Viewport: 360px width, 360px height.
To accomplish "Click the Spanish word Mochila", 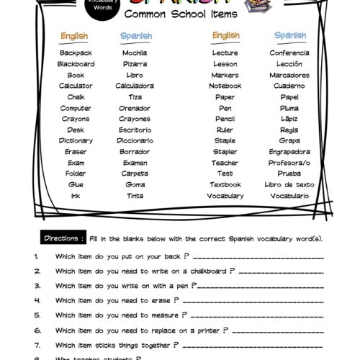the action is (135, 53).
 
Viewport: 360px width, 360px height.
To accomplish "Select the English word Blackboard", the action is (76, 63).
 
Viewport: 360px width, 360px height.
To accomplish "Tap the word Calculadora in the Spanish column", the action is (135, 86).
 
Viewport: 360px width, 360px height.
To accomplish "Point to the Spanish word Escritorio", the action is (135, 130).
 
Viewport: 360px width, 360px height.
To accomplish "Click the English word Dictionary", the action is (76, 140).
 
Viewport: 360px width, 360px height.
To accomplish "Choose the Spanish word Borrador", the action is (135, 151).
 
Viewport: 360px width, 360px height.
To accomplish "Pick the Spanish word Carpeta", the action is (135, 174).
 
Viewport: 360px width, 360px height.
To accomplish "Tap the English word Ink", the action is (76, 195).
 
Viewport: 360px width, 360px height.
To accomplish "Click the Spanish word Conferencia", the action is (289, 53).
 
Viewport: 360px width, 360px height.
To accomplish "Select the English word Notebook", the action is (225, 86).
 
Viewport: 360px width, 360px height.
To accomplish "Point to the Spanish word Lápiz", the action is (289, 119).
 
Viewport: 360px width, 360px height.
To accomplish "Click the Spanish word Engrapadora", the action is (289, 151).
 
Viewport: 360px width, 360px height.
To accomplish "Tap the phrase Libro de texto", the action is (289, 184).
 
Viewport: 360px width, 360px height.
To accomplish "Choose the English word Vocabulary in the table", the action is (225, 195).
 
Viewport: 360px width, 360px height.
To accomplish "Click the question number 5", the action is (36, 315).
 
